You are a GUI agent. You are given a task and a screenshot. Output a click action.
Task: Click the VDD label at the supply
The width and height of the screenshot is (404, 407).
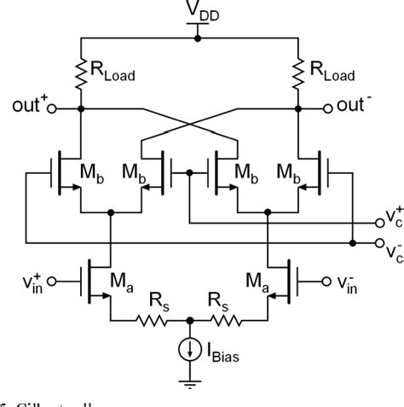[198, 12]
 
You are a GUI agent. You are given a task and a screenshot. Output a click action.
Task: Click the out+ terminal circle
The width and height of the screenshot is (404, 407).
[50, 109]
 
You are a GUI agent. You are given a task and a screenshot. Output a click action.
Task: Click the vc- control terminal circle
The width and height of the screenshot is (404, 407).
[379, 242]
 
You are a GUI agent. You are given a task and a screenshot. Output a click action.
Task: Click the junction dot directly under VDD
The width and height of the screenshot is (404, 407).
[198, 38]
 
